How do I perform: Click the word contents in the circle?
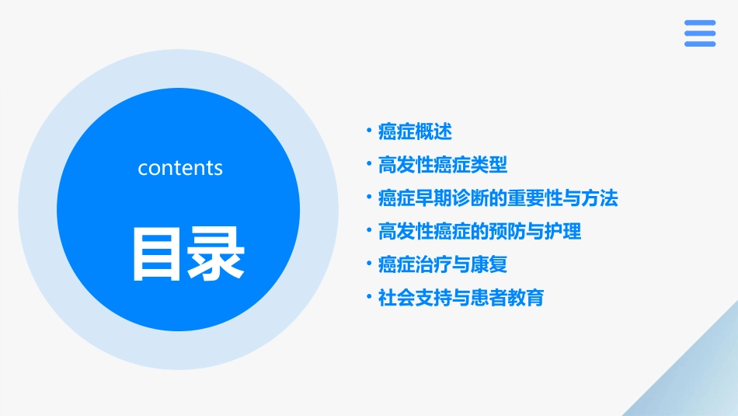click(x=180, y=168)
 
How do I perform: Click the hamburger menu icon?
click(x=700, y=33)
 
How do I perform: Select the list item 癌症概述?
click(x=415, y=131)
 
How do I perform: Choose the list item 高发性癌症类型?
click(x=443, y=165)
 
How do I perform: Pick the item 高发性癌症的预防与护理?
click(x=479, y=231)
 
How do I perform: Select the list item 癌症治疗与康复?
click(x=443, y=264)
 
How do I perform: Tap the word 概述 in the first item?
click(x=433, y=131)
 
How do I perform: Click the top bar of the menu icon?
click(x=700, y=23)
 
